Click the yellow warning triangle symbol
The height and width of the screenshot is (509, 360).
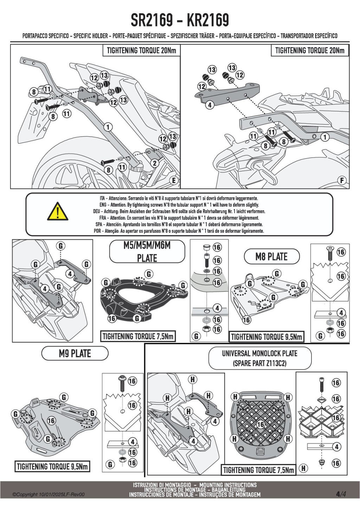tap(58, 212)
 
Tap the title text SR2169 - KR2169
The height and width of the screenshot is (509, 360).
tap(180, 20)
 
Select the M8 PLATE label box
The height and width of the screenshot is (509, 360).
tap(272, 257)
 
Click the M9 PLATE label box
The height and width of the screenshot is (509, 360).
tap(75, 353)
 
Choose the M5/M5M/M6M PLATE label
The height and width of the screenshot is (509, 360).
tap(147, 251)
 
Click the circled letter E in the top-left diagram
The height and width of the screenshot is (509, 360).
tap(174, 181)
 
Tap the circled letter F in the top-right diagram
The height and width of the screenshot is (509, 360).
tap(342, 181)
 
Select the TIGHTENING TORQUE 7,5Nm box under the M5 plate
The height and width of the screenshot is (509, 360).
tap(138, 336)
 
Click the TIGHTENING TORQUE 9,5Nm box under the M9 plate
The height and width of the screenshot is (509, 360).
tap(52, 466)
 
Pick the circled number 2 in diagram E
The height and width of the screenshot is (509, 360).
tap(155, 163)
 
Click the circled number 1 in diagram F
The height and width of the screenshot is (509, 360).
tap(325, 137)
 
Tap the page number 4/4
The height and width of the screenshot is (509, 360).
tap(341, 494)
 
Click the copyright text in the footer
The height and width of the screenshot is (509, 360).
tap(49, 495)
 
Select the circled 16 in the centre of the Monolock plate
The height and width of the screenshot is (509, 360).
tap(261, 425)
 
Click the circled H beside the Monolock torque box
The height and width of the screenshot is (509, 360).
tap(303, 468)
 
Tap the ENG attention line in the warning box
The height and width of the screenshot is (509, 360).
tap(179, 205)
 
